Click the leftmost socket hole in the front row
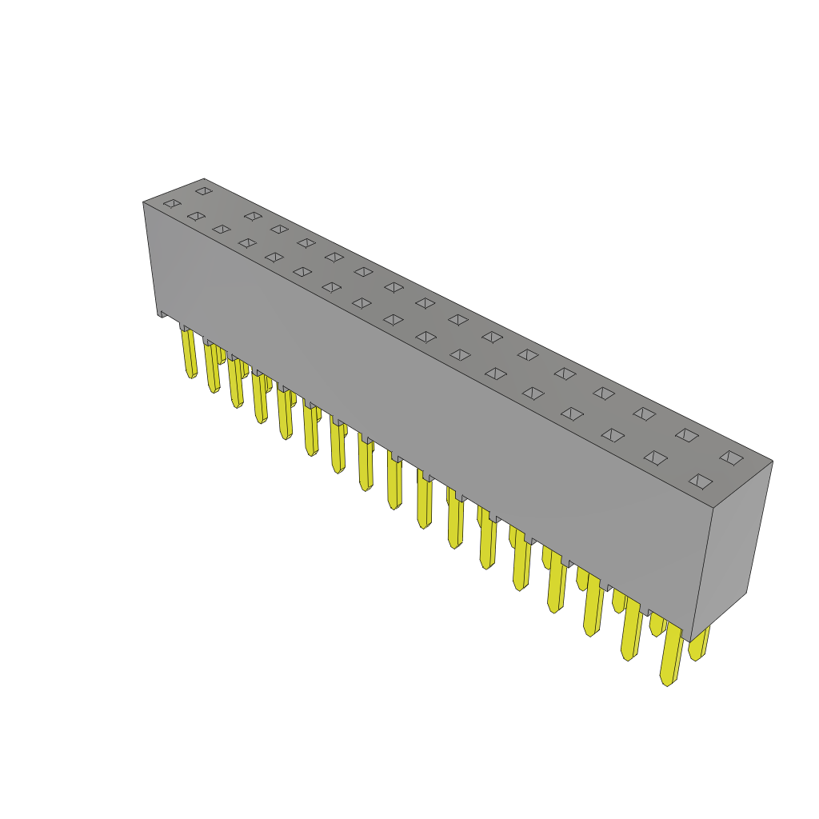(172, 203)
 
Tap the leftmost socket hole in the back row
(204, 190)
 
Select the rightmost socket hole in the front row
(701, 481)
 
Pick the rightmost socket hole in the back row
(731, 457)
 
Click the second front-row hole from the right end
(655, 457)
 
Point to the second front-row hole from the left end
(196, 216)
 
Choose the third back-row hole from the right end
(644, 413)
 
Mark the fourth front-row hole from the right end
(572, 413)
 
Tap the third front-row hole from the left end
(222, 229)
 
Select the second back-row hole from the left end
(253, 216)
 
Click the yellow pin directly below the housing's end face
(699, 645)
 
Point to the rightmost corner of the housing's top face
(772, 461)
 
